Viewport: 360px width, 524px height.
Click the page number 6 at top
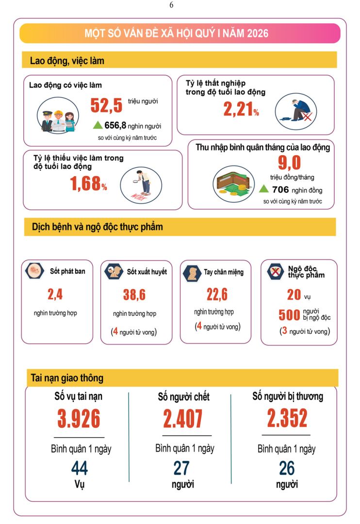click(171, 5)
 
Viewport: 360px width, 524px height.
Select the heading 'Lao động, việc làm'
click(67, 61)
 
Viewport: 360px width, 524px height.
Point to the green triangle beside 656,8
click(98, 125)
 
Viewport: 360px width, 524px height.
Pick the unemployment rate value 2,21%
click(241, 110)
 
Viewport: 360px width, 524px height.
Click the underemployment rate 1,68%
click(88, 184)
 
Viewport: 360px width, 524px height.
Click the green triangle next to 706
click(263, 189)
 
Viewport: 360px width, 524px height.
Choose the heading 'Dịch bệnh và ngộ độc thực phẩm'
click(98, 227)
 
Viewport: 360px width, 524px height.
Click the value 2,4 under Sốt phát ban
click(55, 294)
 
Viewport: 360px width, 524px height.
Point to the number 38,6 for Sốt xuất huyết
click(134, 295)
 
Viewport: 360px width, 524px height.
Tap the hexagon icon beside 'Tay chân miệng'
click(192, 273)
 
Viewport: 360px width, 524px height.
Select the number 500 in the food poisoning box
click(289, 315)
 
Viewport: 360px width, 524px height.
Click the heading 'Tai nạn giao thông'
click(67, 377)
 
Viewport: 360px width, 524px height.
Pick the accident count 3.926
click(79, 419)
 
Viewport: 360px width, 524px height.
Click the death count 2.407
click(183, 419)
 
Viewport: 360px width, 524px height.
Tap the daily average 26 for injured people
click(287, 468)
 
